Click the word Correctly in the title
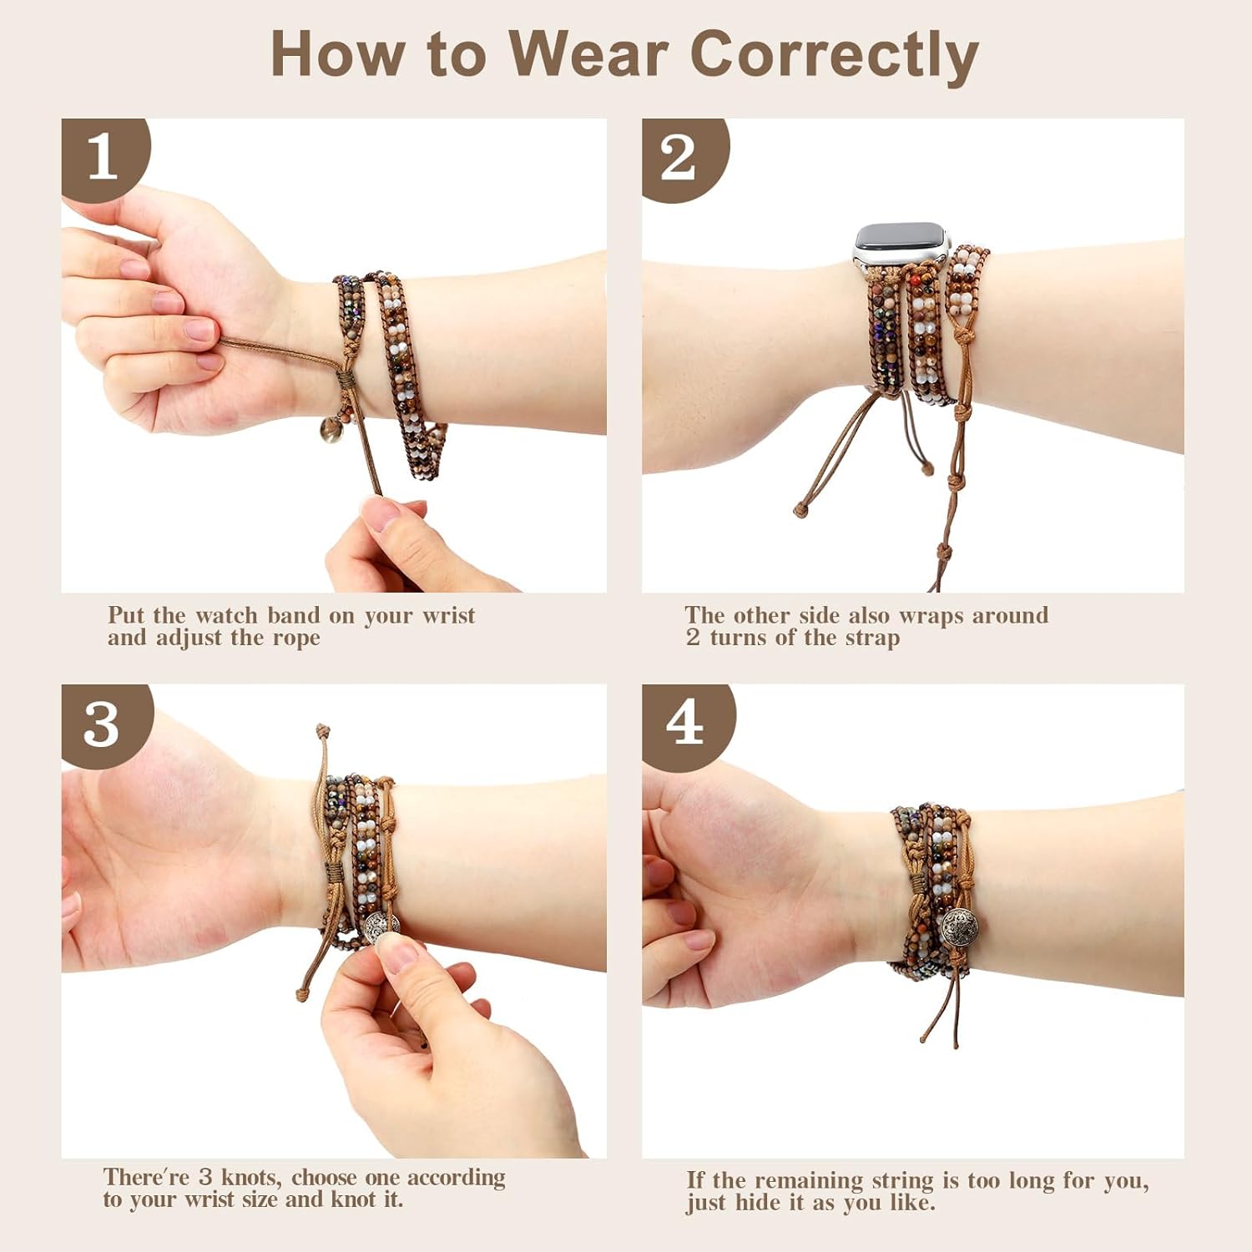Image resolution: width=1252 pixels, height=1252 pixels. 834,55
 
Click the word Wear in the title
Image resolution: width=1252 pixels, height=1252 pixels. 588,55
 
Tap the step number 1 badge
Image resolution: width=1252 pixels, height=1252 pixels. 103,157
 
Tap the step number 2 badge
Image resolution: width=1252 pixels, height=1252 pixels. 678,157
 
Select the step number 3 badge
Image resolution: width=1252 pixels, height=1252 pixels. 102,724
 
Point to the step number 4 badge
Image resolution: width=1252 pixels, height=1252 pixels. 684,722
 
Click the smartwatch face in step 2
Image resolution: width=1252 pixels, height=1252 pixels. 901,239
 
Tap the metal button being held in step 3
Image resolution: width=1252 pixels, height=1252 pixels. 382,925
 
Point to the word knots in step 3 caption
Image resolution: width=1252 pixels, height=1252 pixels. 250,1178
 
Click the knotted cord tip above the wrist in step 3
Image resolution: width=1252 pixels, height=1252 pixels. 322,731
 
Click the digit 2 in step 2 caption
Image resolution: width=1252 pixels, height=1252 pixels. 693,639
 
